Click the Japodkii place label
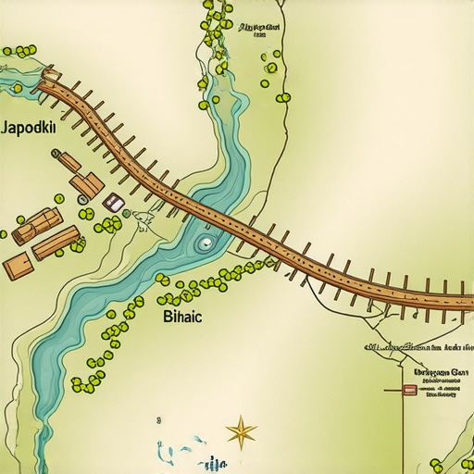[30, 130]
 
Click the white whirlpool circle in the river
[204, 244]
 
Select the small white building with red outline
[114, 202]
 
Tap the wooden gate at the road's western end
[50, 76]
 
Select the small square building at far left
[17, 267]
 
